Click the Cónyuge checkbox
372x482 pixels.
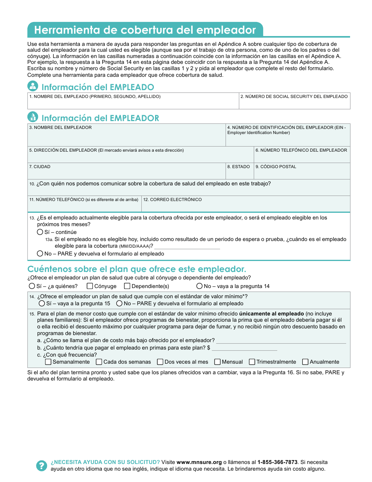click(90, 286)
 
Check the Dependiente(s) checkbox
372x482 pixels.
click(127, 286)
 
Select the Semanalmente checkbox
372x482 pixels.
click(48, 362)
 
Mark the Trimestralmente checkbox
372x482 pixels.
click(252, 362)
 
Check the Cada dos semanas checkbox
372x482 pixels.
click(99, 362)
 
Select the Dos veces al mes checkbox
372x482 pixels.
click(160, 362)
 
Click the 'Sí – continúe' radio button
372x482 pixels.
click(40, 232)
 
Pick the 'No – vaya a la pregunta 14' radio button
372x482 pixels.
click(200, 286)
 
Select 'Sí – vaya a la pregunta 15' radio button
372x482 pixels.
click(42, 303)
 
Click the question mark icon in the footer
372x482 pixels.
click(42, 466)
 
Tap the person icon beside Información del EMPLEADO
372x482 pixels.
click(33, 86)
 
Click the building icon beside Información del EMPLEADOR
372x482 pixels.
click(33, 117)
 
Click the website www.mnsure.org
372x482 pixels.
click(199, 462)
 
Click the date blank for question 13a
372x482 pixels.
click(187, 246)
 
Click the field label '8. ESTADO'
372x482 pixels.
click(238, 167)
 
